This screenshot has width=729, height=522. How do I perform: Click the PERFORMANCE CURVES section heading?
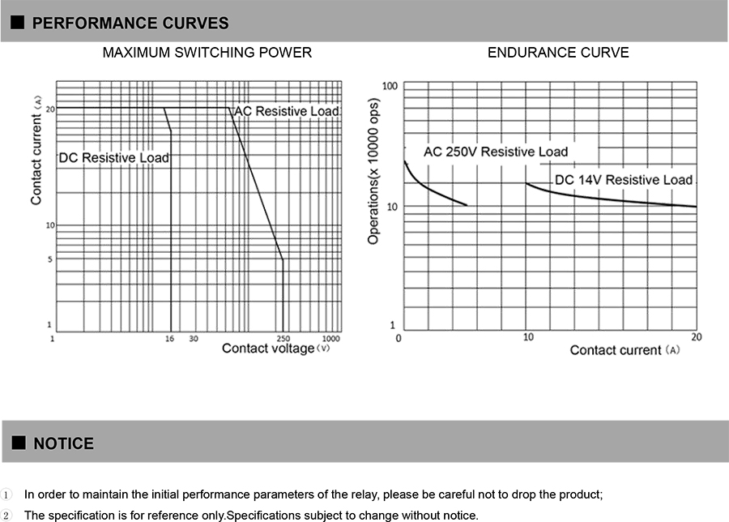click(x=130, y=24)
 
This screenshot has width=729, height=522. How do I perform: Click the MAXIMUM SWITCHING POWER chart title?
click(x=207, y=53)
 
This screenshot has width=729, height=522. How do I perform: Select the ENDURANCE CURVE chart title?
click(x=558, y=53)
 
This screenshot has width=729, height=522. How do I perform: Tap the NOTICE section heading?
click(x=63, y=443)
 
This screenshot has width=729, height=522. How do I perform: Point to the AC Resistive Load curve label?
click(x=287, y=111)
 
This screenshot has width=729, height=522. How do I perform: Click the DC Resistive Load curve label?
click(x=114, y=157)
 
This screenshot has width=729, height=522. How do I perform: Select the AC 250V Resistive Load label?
click(x=496, y=152)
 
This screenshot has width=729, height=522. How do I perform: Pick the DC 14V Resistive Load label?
click(x=624, y=179)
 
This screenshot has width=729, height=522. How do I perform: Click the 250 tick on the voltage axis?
click(x=283, y=338)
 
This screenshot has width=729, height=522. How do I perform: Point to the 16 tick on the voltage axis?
click(x=169, y=338)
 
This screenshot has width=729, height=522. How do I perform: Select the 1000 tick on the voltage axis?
click(x=330, y=338)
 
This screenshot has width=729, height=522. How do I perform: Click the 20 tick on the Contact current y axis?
click(x=50, y=109)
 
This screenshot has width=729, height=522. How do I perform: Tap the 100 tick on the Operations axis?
click(x=390, y=86)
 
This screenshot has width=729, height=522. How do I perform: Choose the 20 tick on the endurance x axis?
click(x=696, y=336)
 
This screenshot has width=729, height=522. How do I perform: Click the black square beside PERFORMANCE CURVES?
click(x=17, y=24)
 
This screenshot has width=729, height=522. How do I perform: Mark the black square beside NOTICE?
click(x=17, y=443)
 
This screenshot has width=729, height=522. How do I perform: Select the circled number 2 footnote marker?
click(x=6, y=516)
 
